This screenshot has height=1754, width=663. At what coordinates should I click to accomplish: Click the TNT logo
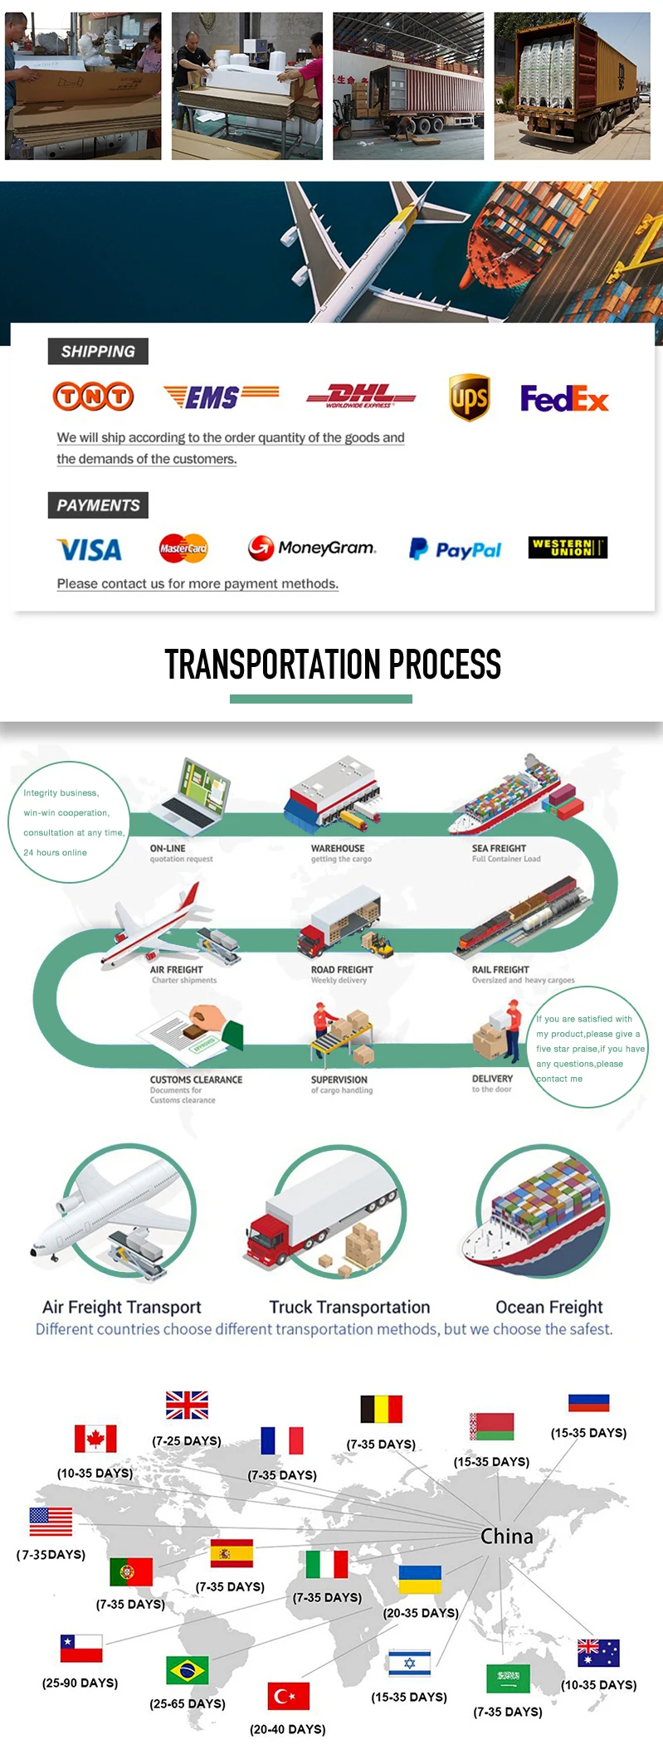coord(93,397)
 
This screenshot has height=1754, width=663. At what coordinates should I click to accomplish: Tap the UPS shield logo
coord(469,397)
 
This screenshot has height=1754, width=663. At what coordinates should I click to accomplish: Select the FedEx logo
coord(564,399)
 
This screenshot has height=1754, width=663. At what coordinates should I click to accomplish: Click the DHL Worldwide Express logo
coord(360,397)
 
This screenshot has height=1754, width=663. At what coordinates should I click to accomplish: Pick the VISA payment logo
coord(90,549)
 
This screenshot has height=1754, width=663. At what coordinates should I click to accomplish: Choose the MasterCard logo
coord(183,548)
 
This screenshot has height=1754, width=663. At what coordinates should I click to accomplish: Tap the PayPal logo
coord(456,549)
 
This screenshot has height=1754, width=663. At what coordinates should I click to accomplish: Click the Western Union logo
coord(568,548)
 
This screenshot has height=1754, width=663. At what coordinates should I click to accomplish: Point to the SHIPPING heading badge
coord(98,351)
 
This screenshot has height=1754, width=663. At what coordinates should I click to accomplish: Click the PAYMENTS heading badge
coord(98,505)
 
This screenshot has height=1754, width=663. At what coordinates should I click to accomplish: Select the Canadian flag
coord(95,1438)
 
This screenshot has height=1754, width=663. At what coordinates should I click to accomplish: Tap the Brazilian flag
coord(188,1669)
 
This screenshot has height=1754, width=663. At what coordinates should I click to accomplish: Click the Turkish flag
coord(288,1696)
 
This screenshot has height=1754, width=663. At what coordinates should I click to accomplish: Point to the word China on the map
coord(507,1537)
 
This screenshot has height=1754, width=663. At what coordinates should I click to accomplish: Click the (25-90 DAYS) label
coord(80,1683)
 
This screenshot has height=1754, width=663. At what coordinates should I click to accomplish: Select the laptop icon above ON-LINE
coord(196,797)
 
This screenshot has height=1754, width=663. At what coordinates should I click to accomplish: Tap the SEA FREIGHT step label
coord(499,848)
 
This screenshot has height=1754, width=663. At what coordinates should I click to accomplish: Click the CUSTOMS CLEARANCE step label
coord(196,1079)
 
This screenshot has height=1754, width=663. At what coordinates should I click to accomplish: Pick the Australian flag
coord(598,1653)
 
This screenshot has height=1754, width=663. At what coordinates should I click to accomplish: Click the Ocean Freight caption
coord(548,1307)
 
